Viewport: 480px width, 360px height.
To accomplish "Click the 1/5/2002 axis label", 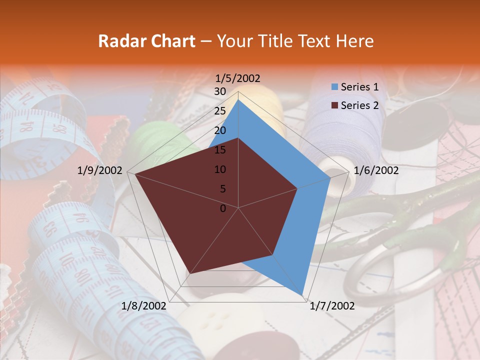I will (x=238, y=78).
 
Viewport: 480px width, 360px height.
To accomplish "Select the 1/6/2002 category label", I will (x=376, y=170).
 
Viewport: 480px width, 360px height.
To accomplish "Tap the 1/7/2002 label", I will (x=332, y=306).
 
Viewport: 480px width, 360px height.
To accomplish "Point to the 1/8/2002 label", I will (x=144, y=306).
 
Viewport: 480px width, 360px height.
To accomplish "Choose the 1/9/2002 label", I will (x=100, y=170).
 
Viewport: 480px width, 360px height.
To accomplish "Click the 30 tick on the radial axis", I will (x=220, y=91).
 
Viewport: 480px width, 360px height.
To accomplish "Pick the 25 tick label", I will (x=220, y=111).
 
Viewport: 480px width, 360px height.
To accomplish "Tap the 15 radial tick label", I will (x=220, y=150).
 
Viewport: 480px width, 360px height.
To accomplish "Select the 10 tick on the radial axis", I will (x=220, y=169).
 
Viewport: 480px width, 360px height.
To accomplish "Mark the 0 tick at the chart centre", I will (x=223, y=208).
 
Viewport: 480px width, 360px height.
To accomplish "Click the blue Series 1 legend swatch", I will (x=334, y=87).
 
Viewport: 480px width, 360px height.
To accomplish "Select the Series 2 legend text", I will (x=359, y=105).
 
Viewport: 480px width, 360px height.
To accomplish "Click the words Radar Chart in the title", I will (x=146, y=41).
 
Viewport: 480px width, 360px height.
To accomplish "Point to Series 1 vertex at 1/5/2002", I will (x=238, y=99).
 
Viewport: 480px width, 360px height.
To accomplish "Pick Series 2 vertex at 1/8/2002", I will (x=189, y=274).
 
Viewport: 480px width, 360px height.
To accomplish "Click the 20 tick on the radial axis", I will (x=220, y=130).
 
